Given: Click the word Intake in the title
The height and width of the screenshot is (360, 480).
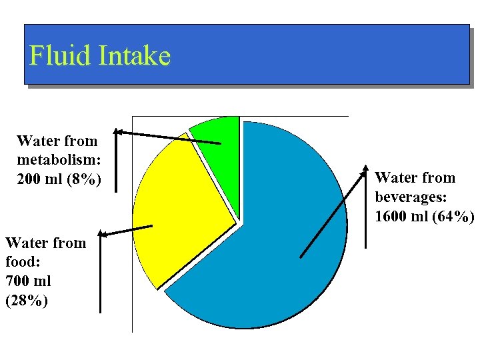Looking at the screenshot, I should coord(135,55).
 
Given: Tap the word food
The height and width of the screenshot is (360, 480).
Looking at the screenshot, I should coord(19,262).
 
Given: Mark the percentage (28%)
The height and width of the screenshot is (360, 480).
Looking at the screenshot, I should coord(26,301).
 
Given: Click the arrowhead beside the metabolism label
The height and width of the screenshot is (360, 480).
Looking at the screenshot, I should coord(117,132).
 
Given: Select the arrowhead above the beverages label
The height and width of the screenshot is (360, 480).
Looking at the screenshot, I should coord(365,169).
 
